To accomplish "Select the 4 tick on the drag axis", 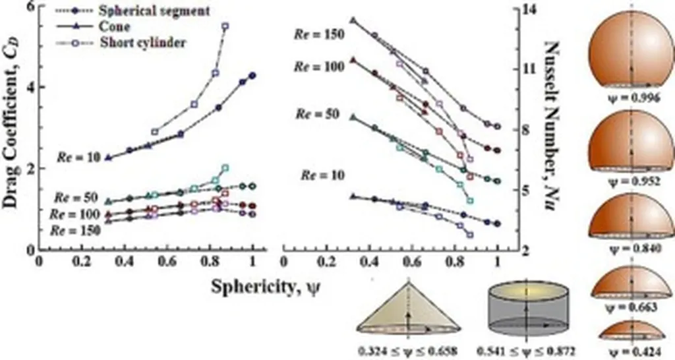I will point(30,87).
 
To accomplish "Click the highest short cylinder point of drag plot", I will point(225,26).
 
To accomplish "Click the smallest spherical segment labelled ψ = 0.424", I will point(631,330).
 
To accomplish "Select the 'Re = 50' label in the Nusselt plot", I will point(317,114).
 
